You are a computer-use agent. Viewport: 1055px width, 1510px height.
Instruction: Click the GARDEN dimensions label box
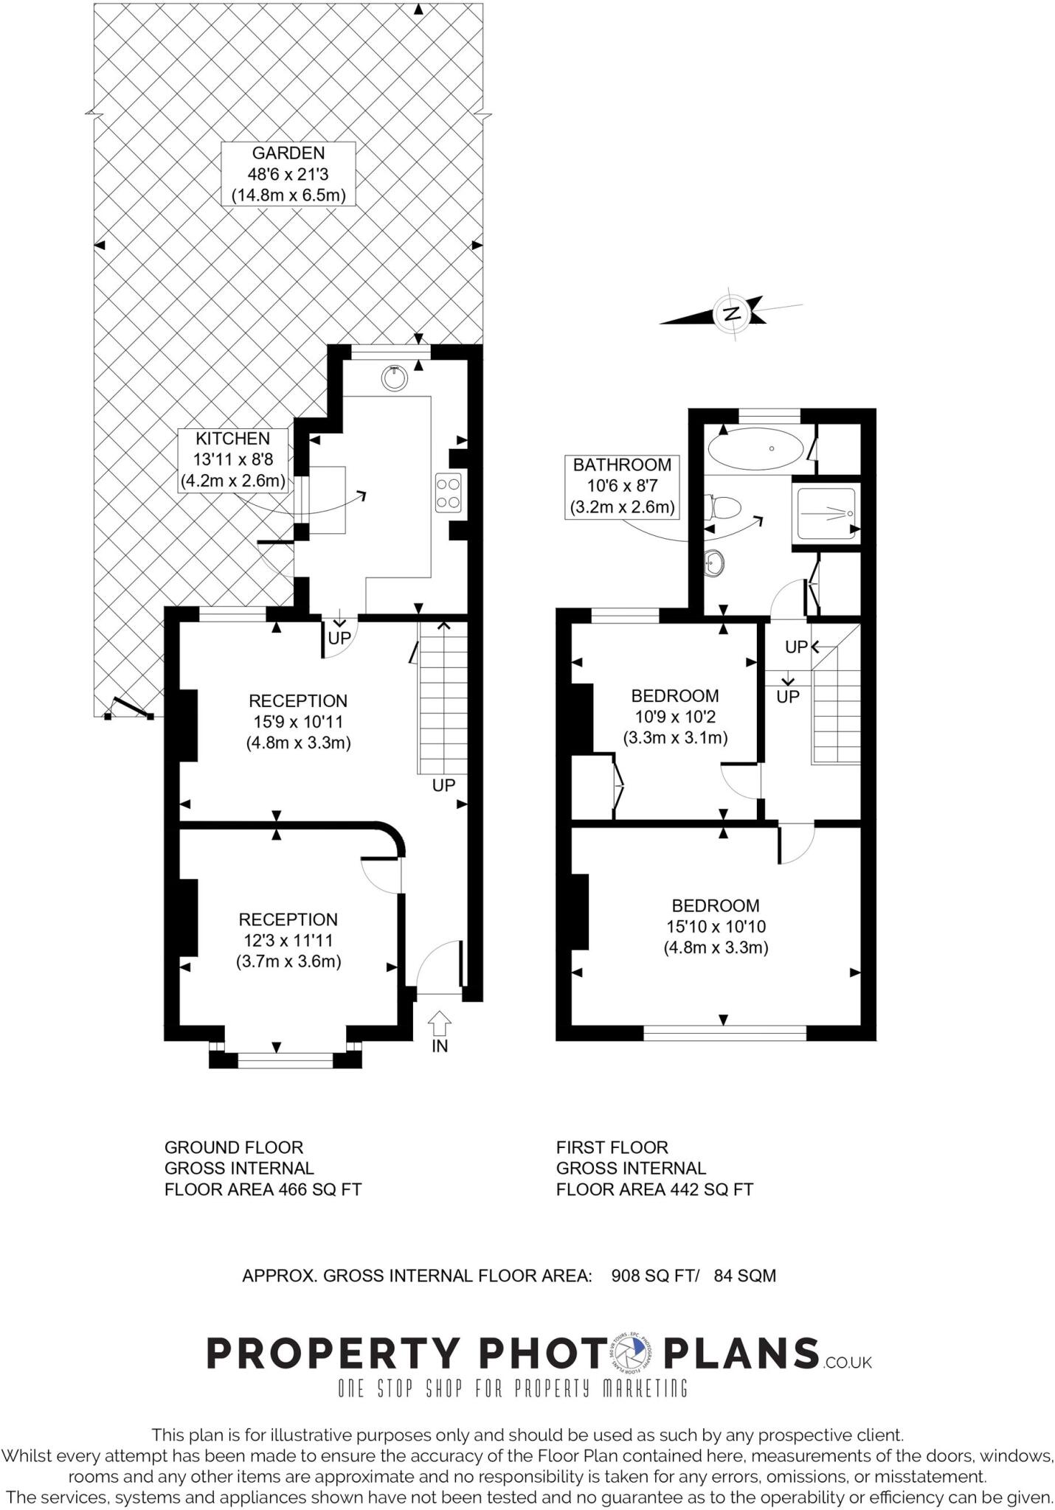(x=288, y=175)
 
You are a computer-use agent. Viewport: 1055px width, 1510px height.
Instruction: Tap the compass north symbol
(x=731, y=314)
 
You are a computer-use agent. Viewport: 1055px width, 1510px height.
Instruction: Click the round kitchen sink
(x=395, y=377)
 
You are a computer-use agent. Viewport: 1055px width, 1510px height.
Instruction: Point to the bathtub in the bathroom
(x=755, y=448)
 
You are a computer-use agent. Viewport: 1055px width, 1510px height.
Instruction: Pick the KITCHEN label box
(x=233, y=460)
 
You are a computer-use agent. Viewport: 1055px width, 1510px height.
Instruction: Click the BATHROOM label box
(x=622, y=486)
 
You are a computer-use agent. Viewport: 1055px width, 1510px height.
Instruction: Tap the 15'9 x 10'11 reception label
(x=298, y=722)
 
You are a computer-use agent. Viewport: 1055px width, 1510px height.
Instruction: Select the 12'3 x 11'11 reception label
(x=288, y=940)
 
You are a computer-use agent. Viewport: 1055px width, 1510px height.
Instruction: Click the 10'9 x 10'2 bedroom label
(x=675, y=717)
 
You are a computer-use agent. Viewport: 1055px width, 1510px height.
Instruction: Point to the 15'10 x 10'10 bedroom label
(x=716, y=926)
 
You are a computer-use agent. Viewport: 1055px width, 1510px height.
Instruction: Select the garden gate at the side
(x=130, y=709)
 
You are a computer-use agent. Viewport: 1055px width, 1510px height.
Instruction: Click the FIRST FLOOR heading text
(x=612, y=1147)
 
